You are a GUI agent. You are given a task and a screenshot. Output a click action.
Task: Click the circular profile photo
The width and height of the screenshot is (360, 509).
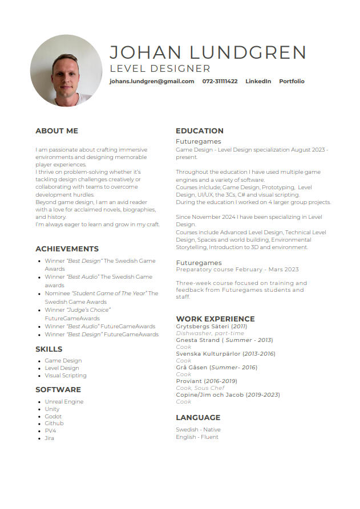tap(66, 71)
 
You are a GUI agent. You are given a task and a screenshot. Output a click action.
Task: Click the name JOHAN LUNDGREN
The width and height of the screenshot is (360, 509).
tap(208, 52)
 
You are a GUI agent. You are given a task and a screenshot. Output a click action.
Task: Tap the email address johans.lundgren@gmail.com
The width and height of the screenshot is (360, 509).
tap(152, 82)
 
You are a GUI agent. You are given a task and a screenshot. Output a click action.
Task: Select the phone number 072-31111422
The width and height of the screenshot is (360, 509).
tap(220, 82)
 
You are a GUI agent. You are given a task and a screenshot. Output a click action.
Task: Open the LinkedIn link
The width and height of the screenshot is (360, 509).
tap(258, 82)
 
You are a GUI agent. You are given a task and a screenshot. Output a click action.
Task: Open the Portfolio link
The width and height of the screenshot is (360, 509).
tap(292, 82)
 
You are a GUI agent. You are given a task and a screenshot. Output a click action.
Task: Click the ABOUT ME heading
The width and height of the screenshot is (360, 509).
tap(56, 131)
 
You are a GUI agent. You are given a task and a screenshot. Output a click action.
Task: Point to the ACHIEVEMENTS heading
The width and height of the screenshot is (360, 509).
tap(67, 249)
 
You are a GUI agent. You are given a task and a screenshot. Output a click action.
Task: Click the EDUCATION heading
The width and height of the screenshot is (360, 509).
tap(200, 131)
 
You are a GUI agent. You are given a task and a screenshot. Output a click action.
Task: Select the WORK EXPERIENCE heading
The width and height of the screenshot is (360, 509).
tap(215, 319)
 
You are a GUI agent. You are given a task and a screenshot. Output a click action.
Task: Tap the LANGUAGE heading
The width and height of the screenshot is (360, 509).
tap(198, 418)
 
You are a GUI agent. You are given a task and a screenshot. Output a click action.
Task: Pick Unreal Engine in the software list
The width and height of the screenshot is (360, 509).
tap(64, 402)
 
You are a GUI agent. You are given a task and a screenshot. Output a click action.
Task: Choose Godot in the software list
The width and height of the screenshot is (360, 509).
tap(53, 416)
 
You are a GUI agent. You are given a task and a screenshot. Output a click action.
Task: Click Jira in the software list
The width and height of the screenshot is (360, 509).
tap(50, 438)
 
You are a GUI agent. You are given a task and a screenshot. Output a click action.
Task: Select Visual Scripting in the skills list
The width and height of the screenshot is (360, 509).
tap(66, 376)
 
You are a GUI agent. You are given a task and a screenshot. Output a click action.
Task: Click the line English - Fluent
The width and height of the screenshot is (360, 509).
tap(197, 437)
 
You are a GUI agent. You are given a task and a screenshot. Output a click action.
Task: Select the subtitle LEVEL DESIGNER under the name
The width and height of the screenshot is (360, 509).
tap(160, 69)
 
